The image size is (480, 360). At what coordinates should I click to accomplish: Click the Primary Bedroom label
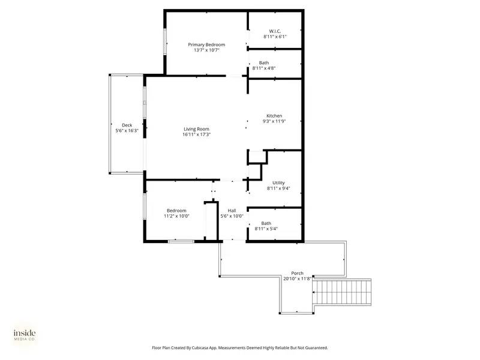(206, 44)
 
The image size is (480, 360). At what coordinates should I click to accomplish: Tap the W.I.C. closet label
(275, 31)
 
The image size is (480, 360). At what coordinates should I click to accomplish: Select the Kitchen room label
(274, 116)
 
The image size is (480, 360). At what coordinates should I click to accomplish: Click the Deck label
(127, 125)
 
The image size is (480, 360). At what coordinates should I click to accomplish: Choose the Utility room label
(278, 182)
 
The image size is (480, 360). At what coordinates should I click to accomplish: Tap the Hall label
(232, 210)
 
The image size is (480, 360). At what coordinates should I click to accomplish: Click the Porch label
(297, 273)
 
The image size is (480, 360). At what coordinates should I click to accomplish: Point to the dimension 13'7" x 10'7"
(206, 50)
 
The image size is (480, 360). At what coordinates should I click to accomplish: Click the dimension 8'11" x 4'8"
(264, 68)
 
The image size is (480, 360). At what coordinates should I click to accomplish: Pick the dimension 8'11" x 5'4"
(266, 229)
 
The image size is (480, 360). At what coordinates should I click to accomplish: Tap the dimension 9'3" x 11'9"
(274, 121)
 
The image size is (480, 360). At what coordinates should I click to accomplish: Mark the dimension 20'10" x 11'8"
(297, 278)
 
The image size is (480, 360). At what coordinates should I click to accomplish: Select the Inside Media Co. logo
(25, 335)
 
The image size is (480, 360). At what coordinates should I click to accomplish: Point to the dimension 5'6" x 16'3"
(127, 130)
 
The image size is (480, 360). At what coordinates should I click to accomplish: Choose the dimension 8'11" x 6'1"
(275, 37)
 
